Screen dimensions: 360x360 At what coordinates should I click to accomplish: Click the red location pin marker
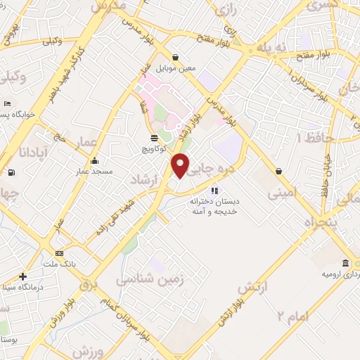(181, 165)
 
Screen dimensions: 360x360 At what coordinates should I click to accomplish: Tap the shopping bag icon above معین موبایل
(175, 58)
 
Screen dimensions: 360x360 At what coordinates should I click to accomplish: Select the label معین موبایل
(175, 68)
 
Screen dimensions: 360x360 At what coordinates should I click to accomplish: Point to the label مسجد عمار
(95, 171)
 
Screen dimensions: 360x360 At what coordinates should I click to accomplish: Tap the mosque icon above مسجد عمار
(95, 160)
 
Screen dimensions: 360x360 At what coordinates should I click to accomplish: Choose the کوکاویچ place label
(154, 148)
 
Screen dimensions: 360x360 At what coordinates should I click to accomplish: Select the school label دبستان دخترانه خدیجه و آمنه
(215, 206)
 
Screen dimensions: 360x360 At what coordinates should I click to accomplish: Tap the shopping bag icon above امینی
(280, 171)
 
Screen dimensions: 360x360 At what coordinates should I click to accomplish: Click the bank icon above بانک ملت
(59, 253)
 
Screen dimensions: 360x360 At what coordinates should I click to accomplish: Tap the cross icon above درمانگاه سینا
(23, 276)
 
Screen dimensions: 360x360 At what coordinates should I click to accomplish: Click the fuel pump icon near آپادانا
(11, 173)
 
